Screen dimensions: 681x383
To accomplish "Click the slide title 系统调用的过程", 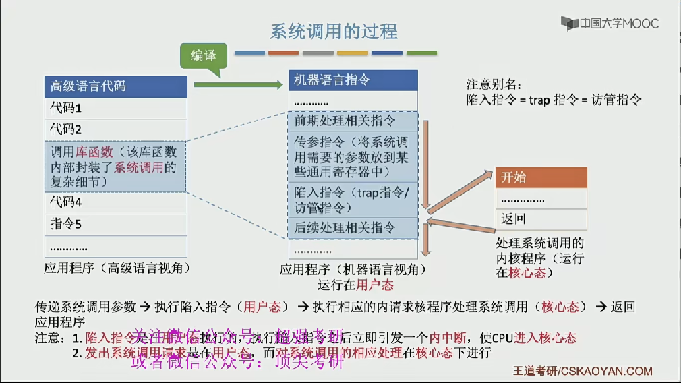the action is pyautogui.click(x=334, y=31).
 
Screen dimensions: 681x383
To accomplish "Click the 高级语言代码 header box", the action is pyautogui.click(x=115, y=86).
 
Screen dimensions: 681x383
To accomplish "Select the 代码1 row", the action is pyautogui.click(x=115, y=108).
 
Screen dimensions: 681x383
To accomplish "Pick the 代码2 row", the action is pyautogui.click(x=115, y=129).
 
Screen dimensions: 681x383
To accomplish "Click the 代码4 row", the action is pyautogui.click(x=115, y=202).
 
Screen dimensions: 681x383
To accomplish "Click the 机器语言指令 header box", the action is pyautogui.click(x=353, y=80).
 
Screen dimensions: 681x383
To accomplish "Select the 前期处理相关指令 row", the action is pyautogui.click(x=353, y=121).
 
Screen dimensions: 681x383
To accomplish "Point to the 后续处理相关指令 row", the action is pyautogui.click(x=353, y=227).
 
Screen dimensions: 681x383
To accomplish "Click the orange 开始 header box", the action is pyautogui.click(x=541, y=177).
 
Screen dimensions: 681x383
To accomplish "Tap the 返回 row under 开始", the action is pyautogui.click(x=541, y=218).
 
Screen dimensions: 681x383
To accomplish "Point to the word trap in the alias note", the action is pyautogui.click(x=539, y=100).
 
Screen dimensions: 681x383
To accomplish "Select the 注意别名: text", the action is pyautogui.click(x=494, y=85).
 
